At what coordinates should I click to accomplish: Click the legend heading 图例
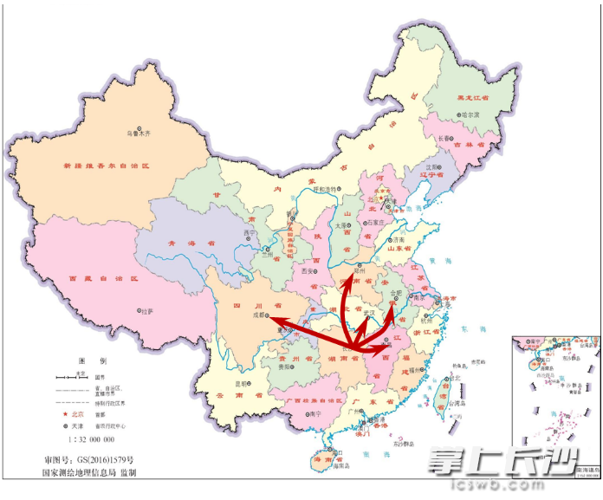(91, 360)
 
